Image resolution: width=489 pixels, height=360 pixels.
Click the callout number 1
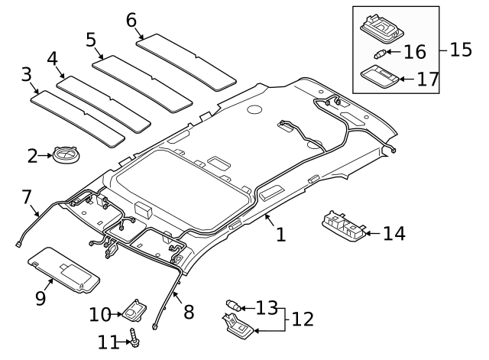point(280,234)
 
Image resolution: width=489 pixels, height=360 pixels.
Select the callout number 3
point(26,75)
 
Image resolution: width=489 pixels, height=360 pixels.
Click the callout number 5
point(91,39)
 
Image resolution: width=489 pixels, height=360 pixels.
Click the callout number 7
point(25,197)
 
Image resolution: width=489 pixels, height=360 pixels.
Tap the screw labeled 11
point(134,336)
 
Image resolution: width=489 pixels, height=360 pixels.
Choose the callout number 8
point(188,312)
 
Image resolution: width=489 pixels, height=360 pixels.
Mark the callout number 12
point(303,319)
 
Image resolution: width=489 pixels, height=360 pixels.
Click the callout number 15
point(461,50)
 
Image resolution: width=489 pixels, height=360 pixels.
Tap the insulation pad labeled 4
point(105,102)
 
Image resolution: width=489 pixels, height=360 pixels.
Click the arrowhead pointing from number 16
point(388,53)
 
